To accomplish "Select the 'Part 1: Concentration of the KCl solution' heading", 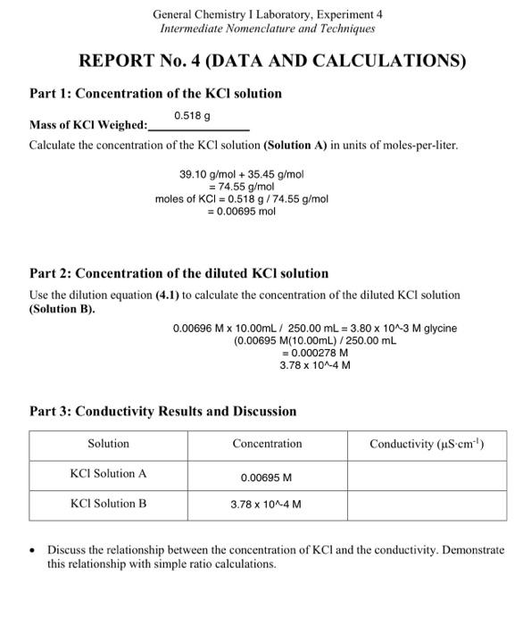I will pyautogui.click(x=155, y=94).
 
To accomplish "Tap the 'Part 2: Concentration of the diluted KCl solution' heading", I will pyautogui.click(x=178, y=273).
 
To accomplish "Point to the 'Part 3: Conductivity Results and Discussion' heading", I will pyautogui.click(x=163, y=412).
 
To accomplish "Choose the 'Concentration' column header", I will pyautogui.click(x=267, y=444).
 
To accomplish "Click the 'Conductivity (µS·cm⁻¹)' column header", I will pyautogui.click(x=427, y=444).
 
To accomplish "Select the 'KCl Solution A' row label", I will pyautogui.click(x=108, y=474).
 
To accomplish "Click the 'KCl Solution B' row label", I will pyautogui.click(x=108, y=504).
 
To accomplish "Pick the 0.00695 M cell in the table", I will pyautogui.click(x=267, y=478).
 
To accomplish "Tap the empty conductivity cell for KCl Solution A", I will pyautogui.click(x=427, y=475).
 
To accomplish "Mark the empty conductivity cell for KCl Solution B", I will pyautogui.click(x=427, y=504).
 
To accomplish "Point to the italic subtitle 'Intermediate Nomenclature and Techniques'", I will pyautogui.click(x=267, y=29).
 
